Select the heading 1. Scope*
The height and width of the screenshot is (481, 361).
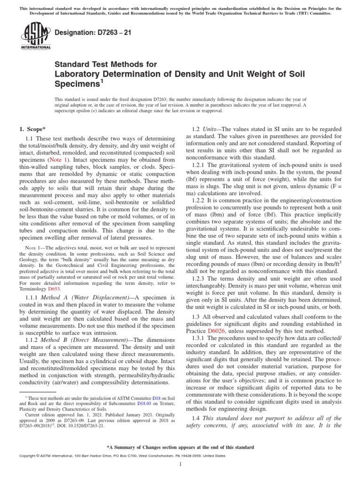coord(32,129)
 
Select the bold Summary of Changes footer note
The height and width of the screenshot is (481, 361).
coord(180,447)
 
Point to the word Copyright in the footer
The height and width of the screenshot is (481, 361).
coord(27,456)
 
